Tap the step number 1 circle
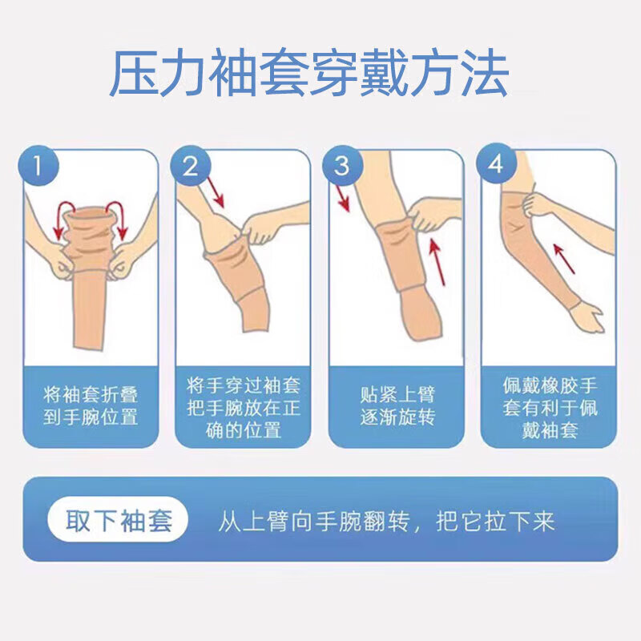click(x=38, y=168)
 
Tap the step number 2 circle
click(x=191, y=167)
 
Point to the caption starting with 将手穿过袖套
click(x=243, y=408)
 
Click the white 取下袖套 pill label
click(x=119, y=522)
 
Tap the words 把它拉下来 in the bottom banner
click(x=495, y=522)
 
